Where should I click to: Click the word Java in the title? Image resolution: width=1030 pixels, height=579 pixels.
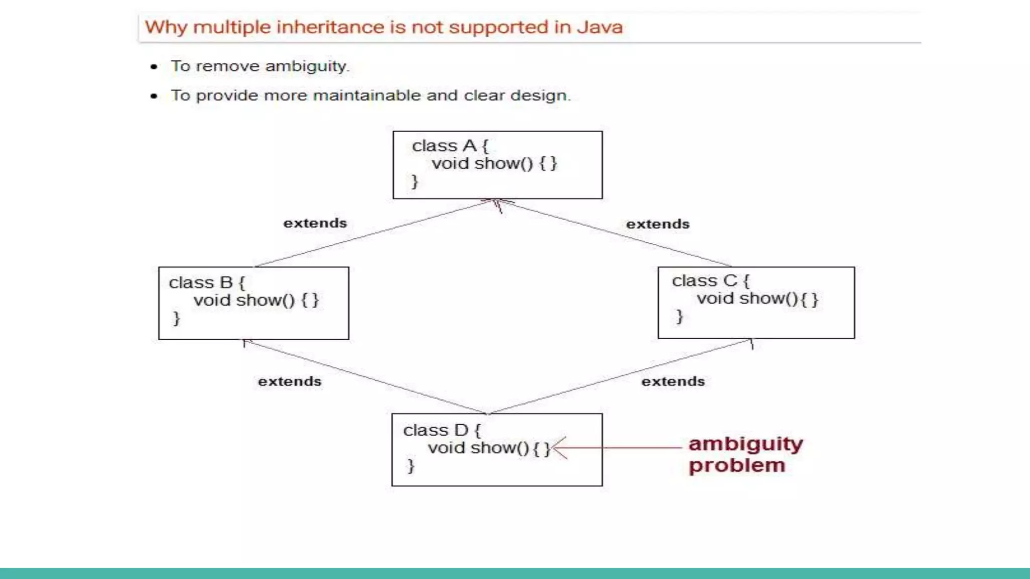[x=599, y=27]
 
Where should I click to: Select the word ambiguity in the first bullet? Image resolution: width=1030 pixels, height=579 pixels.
[x=307, y=66]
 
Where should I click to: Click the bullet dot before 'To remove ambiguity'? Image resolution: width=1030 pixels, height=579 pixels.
[x=154, y=67]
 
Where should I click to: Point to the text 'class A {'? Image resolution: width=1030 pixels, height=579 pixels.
[x=450, y=146]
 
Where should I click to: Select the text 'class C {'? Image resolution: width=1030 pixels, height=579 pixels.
[x=710, y=280]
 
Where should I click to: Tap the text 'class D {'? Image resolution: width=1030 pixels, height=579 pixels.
[x=442, y=430]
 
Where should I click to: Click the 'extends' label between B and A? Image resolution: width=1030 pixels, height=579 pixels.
[x=315, y=223]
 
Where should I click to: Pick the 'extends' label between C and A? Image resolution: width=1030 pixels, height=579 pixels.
[x=657, y=224]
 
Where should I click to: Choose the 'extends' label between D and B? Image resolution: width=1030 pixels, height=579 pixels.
[x=290, y=381]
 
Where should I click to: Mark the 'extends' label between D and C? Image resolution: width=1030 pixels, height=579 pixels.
[x=673, y=381]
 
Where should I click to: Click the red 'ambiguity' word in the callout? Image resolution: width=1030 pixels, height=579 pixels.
[x=745, y=444]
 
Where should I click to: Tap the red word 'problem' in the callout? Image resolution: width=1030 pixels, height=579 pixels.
[x=737, y=465]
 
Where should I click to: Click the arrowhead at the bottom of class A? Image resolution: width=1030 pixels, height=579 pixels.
[x=497, y=203]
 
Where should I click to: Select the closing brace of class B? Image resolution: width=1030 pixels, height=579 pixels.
[x=176, y=318]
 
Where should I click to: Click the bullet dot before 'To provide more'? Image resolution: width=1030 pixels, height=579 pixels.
[x=154, y=96]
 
